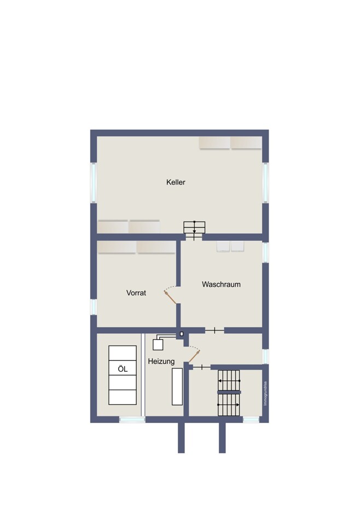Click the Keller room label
(176, 182)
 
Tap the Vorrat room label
(136, 293)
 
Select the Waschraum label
(221, 284)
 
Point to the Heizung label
(161, 361)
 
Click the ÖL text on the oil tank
(123, 369)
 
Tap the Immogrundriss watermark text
(265, 393)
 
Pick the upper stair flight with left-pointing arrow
(229, 380)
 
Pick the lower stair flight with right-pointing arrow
(229, 405)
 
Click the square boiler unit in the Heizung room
(158, 345)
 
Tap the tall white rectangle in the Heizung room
(177, 387)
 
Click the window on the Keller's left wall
(94, 183)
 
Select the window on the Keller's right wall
(266, 183)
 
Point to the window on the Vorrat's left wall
(94, 307)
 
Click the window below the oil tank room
(132, 420)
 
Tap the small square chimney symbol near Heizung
(182, 334)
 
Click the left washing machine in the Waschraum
(223, 247)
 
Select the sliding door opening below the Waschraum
(214, 331)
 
